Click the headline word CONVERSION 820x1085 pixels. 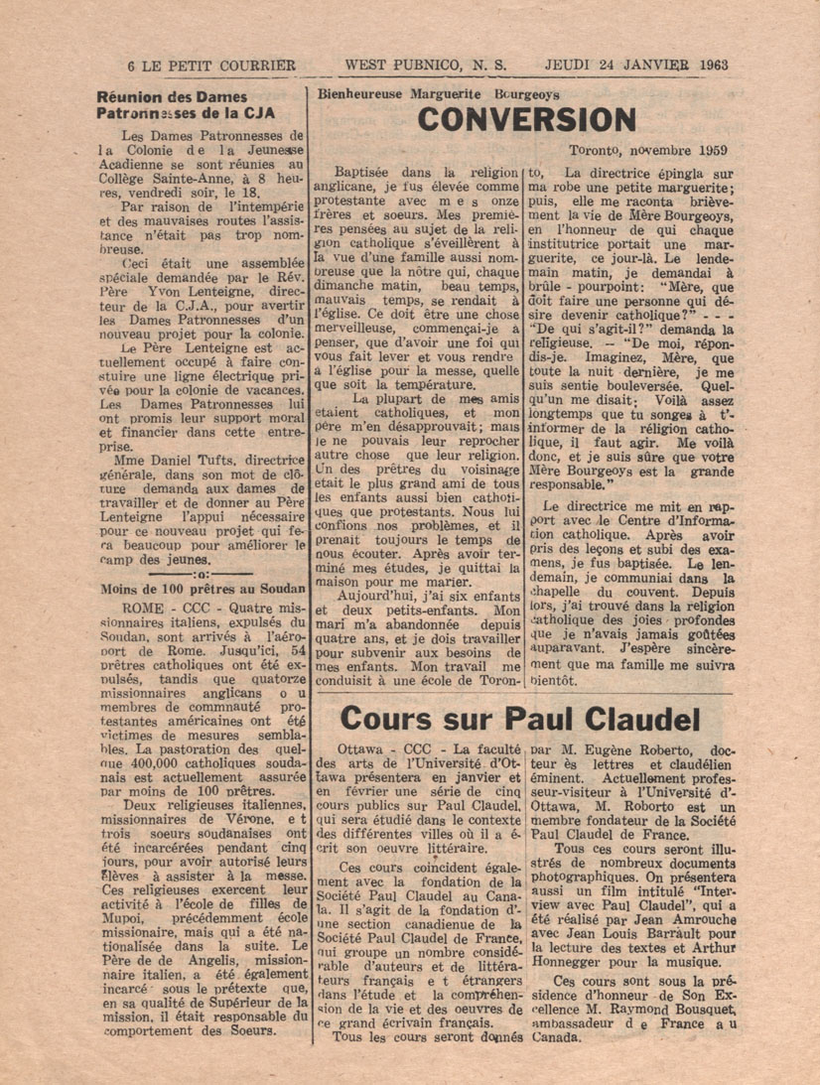click(526, 120)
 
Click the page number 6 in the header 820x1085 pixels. click(131, 66)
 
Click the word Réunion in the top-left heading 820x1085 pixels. click(131, 97)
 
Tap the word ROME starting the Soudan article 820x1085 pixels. click(138, 606)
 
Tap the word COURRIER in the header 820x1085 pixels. click(257, 66)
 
